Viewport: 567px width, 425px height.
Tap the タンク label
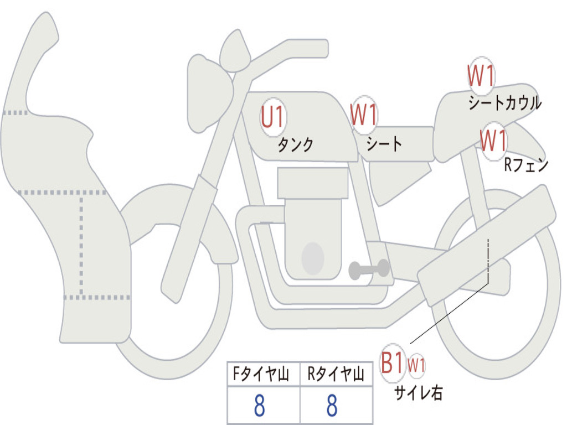click(x=295, y=144)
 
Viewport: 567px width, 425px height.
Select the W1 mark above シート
click(x=364, y=114)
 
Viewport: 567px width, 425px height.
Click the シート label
click(x=384, y=144)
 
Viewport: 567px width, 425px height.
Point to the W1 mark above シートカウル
click(x=481, y=75)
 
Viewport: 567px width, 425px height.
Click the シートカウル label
click(x=505, y=102)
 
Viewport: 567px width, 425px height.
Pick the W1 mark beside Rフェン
click(x=493, y=140)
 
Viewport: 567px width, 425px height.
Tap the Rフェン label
click(x=526, y=165)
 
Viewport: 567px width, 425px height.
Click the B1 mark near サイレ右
click(x=392, y=362)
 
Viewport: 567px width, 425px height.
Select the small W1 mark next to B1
click(x=416, y=365)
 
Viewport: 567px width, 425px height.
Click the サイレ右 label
click(x=419, y=393)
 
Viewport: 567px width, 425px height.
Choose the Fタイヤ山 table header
click(x=261, y=374)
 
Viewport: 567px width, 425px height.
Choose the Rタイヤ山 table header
click(x=336, y=374)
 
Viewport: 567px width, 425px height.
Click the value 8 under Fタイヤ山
click(x=260, y=406)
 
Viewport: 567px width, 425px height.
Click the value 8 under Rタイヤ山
click(x=332, y=406)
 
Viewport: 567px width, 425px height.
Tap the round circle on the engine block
click(x=313, y=258)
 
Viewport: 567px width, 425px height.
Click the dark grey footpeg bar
click(x=369, y=269)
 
